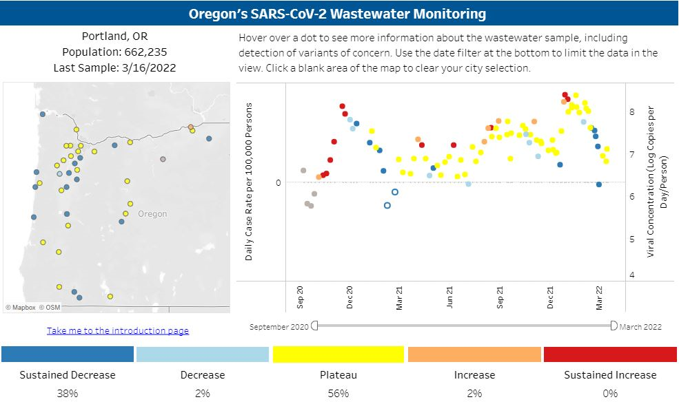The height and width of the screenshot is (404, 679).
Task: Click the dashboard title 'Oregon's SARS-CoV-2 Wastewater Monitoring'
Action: point(339,14)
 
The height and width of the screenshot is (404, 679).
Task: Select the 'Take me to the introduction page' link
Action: point(118,331)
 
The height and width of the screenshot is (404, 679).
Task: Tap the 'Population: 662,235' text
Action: point(114,52)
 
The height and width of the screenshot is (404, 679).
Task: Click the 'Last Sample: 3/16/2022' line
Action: point(114,68)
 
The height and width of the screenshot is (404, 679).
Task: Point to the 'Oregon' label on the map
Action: point(152,214)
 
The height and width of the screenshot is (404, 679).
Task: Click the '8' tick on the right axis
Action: point(631,111)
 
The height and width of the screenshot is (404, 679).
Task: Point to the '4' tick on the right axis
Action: point(631,275)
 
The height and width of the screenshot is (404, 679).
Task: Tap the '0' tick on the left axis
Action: point(278,182)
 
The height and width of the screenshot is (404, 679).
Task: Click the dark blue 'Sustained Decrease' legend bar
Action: point(68,354)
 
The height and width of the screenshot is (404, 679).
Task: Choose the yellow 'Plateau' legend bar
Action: point(338,354)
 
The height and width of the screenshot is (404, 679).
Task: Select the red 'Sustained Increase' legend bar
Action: point(610,354)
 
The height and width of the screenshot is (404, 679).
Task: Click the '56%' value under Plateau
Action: point(338,394)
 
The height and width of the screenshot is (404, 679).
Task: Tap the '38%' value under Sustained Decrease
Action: point(68,394)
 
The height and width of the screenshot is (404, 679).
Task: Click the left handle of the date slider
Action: point(314,326)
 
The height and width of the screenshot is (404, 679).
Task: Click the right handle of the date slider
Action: point(614,326)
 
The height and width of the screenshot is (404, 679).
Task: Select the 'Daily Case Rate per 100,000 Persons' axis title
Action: point(250,181)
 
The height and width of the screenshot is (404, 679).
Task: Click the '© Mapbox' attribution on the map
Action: point(20,308)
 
